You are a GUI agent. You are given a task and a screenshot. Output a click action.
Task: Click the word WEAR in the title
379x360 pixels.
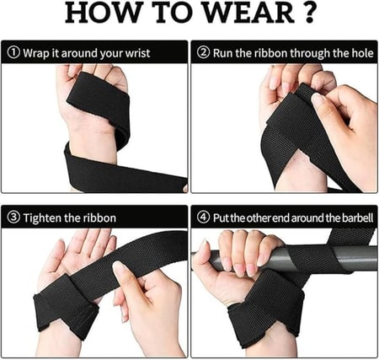tap(248, 13)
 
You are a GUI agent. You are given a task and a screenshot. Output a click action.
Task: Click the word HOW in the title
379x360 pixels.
tap(103, 13)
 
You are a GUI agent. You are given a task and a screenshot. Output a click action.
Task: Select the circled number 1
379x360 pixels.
tap(14, 52)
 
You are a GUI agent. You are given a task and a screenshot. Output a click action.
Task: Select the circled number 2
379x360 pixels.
tap(203, 52)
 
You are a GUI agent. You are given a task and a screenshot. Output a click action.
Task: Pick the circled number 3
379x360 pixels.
tap(14, 218)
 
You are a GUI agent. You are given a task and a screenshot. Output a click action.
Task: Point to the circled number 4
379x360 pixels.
tap(203, 218)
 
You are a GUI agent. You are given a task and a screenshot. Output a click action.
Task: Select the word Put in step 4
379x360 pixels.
tap(221, 218)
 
